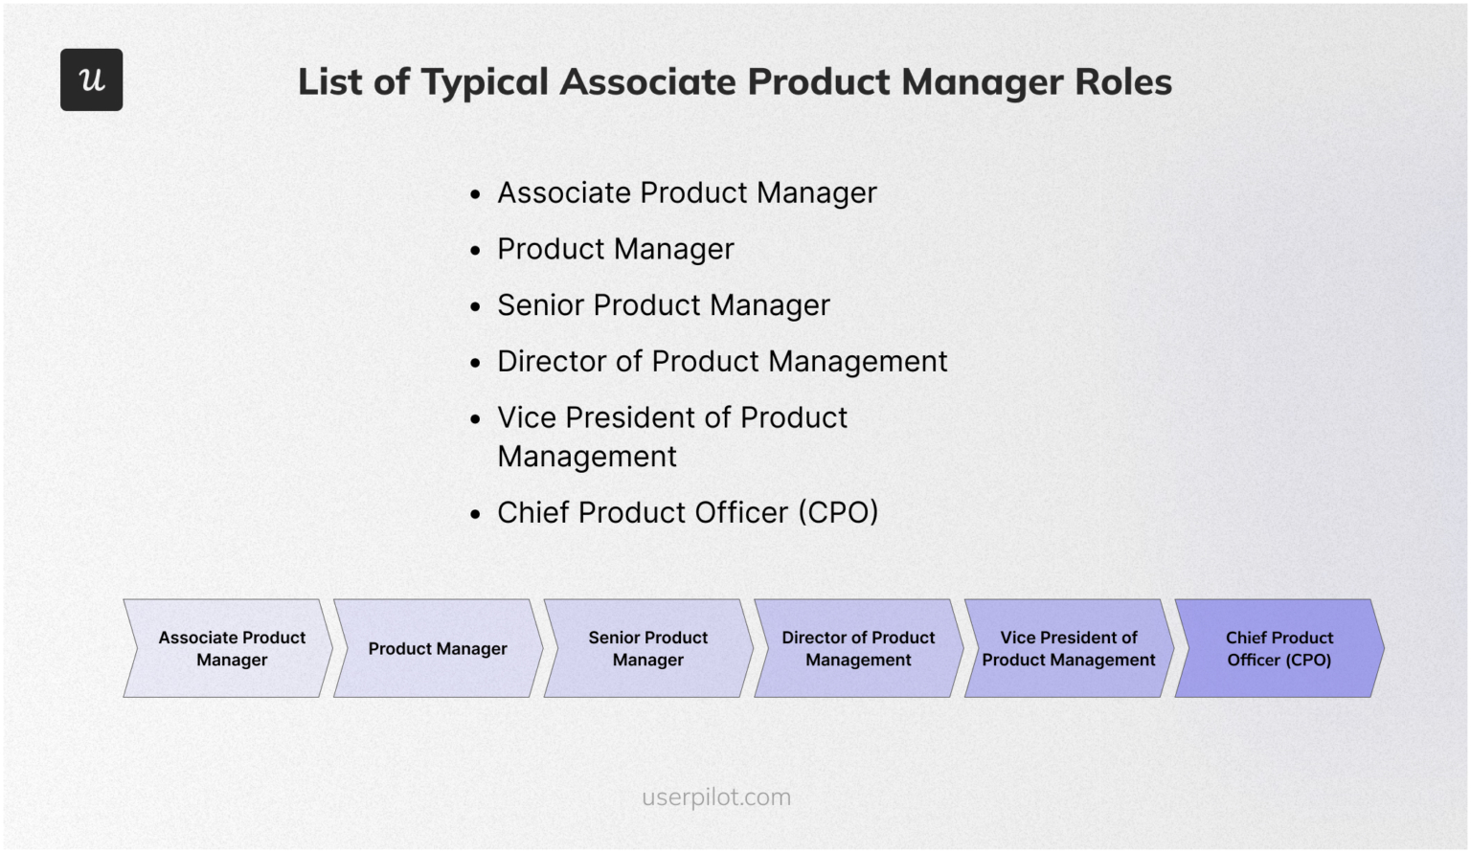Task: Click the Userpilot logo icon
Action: pyautogui.click(x=91, y=79)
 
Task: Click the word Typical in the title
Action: pyautogui.click(x=485, y=83)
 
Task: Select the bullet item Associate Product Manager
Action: pyautogui.click(x=686, y=193)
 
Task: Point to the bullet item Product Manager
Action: pyautogui.click(x=615, y=250)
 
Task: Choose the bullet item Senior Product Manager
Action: pyautogui.click(x=663, y=305)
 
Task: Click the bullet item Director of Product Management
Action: pyautogui.click(x=721, y=362)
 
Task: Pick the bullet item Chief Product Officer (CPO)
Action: pyautogui.click(x=687, y=513)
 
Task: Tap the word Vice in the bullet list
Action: pyautogui.click(x=526, y=418)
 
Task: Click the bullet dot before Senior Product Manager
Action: pyautogui.click(x=475, y=307)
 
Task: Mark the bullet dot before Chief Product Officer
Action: pyautogui.click(x=475, y=515)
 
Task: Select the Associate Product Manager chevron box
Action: pyautogui.click(x=231, y=648)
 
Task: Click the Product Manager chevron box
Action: pyautogui.click(x=438, y=648)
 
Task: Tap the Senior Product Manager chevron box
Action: pyautogui.click(x=648, y=648)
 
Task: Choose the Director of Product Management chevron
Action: pyautogui.click(x=858, y=648)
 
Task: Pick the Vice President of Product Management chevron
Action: pyautogui.click(x=1069, y=648)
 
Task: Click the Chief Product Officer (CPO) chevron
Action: pyautogui.click(x=1279, y=648)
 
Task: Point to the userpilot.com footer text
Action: pyautogui.click(x=716, y=797)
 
